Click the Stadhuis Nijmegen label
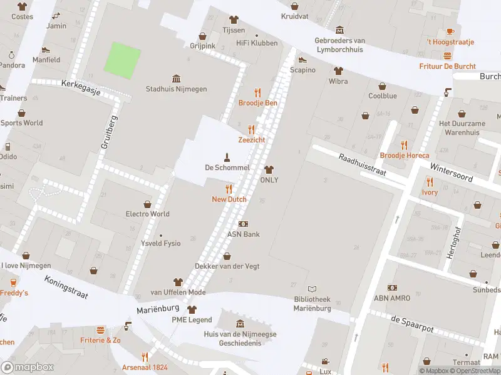click(176, 89)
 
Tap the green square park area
click(121, 61)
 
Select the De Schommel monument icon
click(227, 156)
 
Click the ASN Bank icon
click(243, 224)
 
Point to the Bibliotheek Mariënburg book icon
click(312, 289)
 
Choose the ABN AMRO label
click(392, 298)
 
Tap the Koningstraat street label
click(66, 286)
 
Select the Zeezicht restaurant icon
click(252, 129)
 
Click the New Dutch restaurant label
click(229, 199)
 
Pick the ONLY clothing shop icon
click(269, 169)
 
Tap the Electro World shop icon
click(148, 204)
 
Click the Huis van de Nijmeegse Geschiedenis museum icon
click(240, 324)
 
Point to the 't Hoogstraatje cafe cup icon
click(450, 31)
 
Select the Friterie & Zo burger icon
click(100, 329)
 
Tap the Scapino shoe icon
click(302, 60)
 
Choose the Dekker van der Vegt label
click(227, 266)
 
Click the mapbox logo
click(28, 367)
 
